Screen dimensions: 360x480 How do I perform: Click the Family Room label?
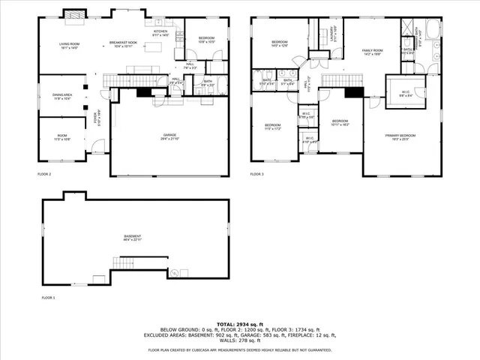373,51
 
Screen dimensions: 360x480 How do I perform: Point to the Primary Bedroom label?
400,136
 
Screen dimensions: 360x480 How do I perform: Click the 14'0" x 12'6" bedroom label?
279,43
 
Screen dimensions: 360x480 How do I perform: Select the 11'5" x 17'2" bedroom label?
271,127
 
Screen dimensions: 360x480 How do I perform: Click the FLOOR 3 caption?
258,174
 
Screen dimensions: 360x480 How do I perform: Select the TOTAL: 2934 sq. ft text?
239,322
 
